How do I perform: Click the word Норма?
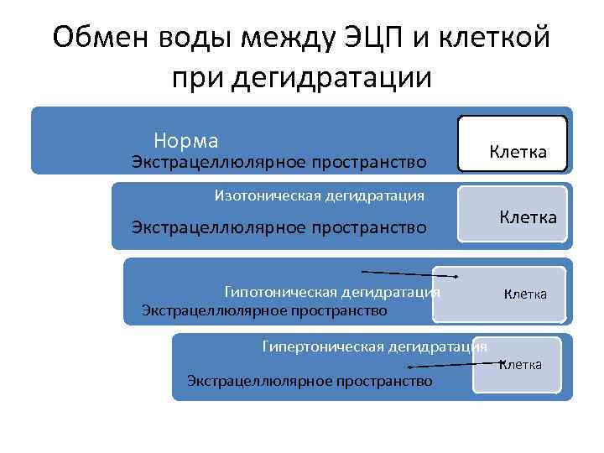tap(185, 140)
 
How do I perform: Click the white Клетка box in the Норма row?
tap(513, 144)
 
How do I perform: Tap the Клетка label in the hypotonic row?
tap(525, 294)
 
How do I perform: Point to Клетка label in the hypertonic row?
tap(521, 364)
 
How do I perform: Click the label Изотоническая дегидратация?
tap(320, 196)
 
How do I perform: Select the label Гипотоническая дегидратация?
tap(332, 292)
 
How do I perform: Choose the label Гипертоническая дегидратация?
tap(374, 346)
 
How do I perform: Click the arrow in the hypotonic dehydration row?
tap(409, 274)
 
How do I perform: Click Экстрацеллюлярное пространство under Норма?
tap(279, 161)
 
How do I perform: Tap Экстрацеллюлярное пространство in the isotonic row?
tap(279, 226)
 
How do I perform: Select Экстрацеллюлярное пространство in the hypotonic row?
tap(264, 311)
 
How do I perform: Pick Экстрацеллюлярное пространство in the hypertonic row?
tap(310, 381)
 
